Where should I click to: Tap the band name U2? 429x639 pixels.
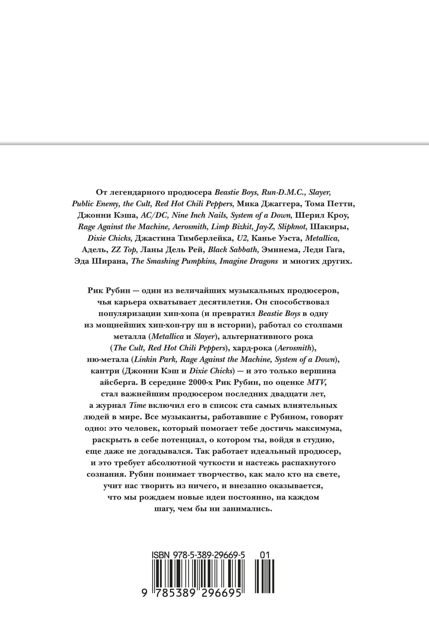click(x=242, y=238)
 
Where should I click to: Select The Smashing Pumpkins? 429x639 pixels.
click(x=174, y=261)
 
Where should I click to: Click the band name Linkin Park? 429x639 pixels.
click(x=155, y=359)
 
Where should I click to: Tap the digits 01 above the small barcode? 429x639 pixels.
click(x=265, y=555)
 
